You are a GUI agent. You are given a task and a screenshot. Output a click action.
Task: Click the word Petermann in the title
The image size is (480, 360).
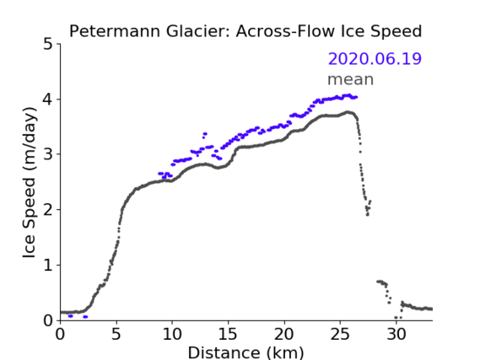[x=115, y=31]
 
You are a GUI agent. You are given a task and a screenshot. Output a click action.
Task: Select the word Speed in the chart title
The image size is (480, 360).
[x=396, y=32]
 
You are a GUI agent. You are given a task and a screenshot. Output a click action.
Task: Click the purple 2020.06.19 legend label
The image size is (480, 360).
[x=375, y=58]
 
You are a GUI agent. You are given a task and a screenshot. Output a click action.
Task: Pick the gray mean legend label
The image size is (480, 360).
[x=351, y=79]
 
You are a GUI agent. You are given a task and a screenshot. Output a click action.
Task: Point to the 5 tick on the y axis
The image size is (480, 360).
[x=48, y=45]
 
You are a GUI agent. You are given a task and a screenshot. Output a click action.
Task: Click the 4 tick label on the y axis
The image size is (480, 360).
[x=48, y=99]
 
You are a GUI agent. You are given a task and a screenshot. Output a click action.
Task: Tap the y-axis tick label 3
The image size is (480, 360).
[x=48, y=154]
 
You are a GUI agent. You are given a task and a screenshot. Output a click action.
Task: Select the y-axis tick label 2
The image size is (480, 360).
[x=48, y=210]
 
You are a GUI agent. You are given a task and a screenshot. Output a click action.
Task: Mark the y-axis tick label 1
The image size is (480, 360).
[x=48, y=266]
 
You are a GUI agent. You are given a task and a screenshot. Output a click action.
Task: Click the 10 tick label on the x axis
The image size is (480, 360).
[x=172, y=334]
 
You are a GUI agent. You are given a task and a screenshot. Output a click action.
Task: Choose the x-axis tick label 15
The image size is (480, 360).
[x=228, y=334]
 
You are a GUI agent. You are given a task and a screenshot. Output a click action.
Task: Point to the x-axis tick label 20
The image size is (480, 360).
[x=283, y=334]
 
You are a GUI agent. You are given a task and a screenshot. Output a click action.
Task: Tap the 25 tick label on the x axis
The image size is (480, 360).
[x=340, y=334]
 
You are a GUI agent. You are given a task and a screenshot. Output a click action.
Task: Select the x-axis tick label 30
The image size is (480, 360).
[x=396, y=334]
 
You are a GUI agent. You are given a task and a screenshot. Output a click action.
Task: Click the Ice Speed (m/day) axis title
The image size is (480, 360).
[x=30, y=183]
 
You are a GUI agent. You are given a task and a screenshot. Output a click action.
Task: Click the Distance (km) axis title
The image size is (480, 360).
[x=245, y=352]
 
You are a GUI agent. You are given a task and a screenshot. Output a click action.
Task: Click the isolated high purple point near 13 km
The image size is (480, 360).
[x=205, y=134]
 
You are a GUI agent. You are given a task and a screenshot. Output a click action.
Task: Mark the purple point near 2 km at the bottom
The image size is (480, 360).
[x=85, y=317]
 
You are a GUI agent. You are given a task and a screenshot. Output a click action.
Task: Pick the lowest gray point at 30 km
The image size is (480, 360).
[x=396, y=318]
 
